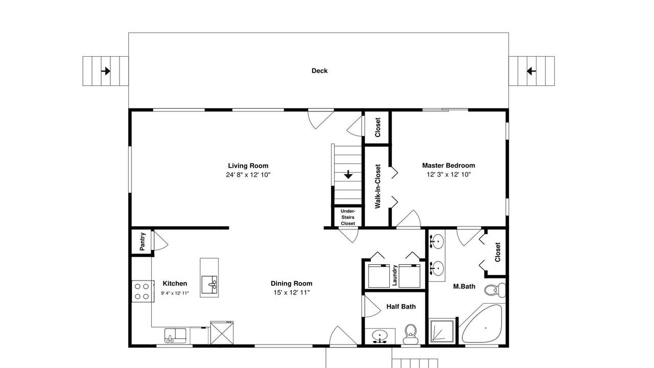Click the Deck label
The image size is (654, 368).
tap(319, 71)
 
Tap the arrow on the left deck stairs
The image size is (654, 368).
tap(106, 71)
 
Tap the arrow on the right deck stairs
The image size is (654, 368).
tap(531, 71)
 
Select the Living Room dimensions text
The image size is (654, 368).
tap(248, 175)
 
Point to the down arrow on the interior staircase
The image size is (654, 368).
tap(348, 175)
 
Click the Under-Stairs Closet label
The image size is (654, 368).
tap(348, 217)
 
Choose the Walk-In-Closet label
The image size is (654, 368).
tap(378, 187)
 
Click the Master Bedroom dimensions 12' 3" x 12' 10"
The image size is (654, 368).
tap(449, 175)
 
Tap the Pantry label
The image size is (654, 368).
tap(142, 242)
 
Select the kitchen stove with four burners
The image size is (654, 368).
tap(143, 291)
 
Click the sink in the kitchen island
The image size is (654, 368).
tap(209, 284)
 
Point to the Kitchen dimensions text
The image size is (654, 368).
tap(175, 293)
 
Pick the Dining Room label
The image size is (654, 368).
tap(291, 283)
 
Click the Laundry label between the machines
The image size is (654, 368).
tap(395, 275)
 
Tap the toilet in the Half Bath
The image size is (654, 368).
tap(410, 334)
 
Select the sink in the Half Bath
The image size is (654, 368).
tap(380, 336)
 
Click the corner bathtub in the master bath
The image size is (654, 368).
tap(482, 324)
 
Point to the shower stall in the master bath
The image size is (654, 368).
tap(442, 330)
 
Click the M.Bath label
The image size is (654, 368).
tap(464, 287)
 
